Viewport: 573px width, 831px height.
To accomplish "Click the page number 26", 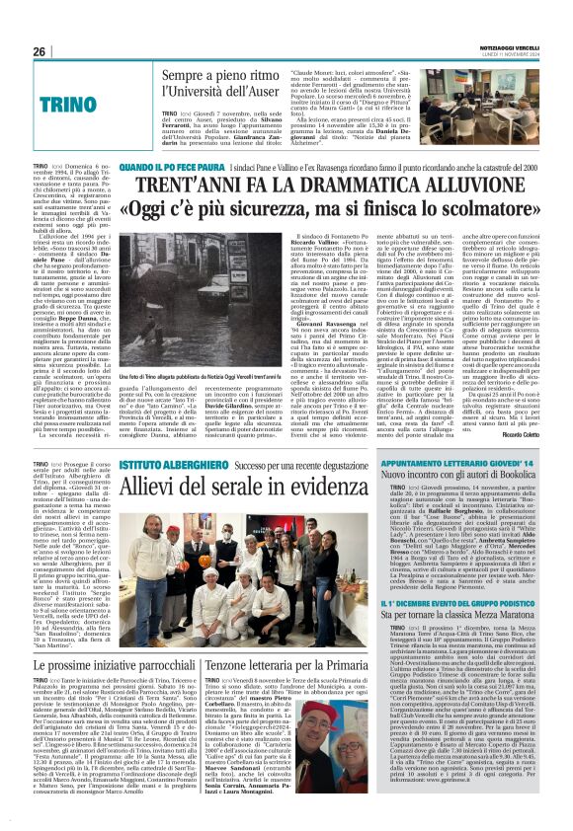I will tap(40, 51).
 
